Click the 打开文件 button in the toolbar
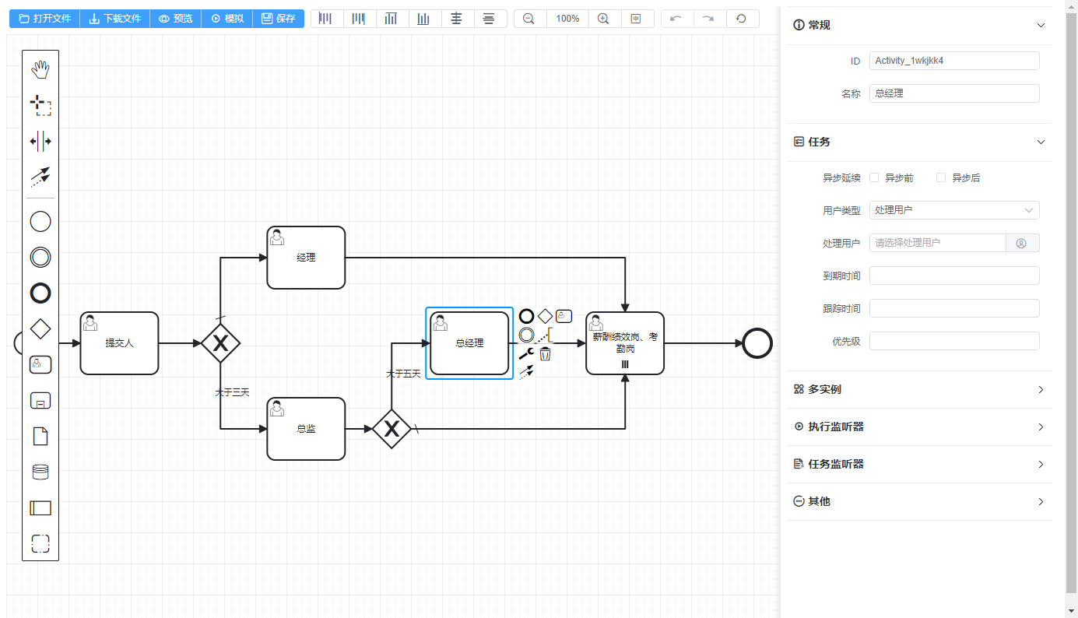[x=44, y=19]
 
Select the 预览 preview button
[x=175, y=19]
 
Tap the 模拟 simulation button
[x=226, y=19]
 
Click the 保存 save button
[x=278, y=19]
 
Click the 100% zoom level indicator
[x=567, y=19]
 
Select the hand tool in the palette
[x=40, y=70]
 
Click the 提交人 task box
[x=119, y=343]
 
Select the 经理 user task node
[x=306, y=258]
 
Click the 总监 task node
[x=306, y=429]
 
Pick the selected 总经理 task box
[x=469, y=343]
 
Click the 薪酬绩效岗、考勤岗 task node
[x=625, y=343]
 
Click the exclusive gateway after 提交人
[x=220, y=343]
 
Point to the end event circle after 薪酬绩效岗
[x=757, y=343]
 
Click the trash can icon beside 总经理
[x=546, y=354]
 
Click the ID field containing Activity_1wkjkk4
[x=954, y=61]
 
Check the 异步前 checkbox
[x=874, y=177]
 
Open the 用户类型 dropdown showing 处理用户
[x=954, y=210]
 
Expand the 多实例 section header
[x=919, y=389]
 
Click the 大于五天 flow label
[x=403, y=374]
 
